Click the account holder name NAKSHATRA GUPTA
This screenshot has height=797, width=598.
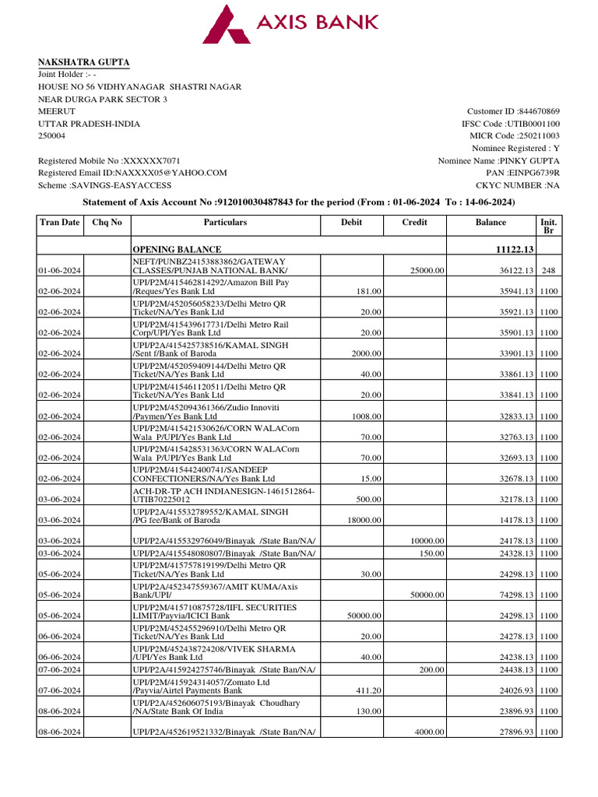coord(85,62)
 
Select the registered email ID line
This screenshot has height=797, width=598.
coord(132,173)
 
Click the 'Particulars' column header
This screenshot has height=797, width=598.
coord(225,223)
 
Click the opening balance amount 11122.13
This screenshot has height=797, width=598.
coord(509,249)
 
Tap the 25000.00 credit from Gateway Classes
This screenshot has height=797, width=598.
coord(427,270)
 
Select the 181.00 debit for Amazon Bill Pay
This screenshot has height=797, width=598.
coord(370,291)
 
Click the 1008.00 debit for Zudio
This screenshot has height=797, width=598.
coord(366,416)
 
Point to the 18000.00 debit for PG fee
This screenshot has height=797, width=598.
coord(364,520)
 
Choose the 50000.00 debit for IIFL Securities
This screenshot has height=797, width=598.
coord(364,616)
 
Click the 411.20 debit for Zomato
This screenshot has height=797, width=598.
coord(368,690)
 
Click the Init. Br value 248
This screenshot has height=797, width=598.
coord(548,270)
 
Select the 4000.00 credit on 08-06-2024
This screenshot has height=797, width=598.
coord(429,732)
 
